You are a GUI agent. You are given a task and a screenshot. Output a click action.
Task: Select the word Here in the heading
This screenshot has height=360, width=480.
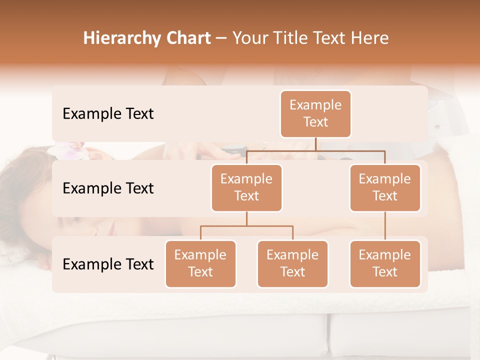coord(370,38)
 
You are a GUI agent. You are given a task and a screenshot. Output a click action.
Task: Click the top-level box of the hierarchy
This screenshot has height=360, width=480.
coord(315,113)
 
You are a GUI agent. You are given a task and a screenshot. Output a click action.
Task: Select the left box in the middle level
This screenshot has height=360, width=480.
coord(246,187)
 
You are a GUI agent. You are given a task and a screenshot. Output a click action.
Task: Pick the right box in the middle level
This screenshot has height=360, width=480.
coord(385,187)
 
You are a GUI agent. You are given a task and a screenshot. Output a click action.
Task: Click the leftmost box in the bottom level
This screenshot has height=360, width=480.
coord(200,263)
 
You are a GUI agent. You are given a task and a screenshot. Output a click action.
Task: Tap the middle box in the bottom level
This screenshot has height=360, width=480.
coord(292,263)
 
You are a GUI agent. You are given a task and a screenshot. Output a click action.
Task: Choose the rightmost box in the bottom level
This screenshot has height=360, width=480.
coord(385,263)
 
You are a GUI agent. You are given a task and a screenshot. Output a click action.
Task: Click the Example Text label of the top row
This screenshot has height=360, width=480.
coord(108,113)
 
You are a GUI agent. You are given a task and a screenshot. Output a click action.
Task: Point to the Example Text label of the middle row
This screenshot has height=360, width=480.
coord(108,188)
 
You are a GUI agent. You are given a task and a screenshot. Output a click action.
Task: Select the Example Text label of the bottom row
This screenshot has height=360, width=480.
coord(108,264)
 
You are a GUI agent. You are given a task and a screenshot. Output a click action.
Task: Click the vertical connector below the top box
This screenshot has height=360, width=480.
coord(315,144)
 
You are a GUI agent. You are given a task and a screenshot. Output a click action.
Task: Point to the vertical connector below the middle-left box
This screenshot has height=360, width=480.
coord(246,218)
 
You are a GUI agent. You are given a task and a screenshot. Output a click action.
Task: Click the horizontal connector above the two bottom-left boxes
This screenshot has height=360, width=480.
coord(246,226)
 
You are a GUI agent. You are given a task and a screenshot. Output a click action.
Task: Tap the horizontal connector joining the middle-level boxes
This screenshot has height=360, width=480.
coord(315,150)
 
